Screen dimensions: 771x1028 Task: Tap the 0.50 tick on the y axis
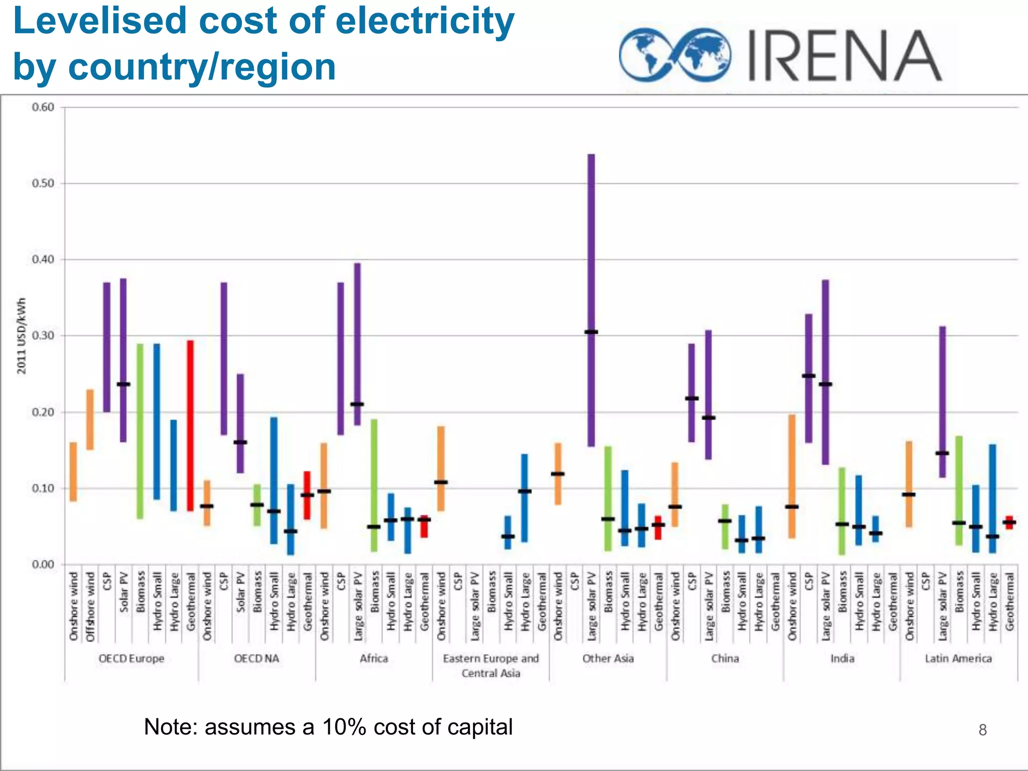coord(43,184)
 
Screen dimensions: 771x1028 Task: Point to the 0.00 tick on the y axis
coord(43,565)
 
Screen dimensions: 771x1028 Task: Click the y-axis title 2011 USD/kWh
coord(22,336)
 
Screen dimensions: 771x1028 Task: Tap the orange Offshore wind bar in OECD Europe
coord(90,420)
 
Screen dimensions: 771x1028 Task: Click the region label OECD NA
coord(256,659)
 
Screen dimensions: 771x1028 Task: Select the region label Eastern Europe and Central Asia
coord(490,666)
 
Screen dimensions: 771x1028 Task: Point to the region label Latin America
coord(958,659)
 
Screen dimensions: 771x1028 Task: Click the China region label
coord(725,659)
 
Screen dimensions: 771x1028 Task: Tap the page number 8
coord(982,730)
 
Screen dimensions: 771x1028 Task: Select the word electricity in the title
coord(425,21)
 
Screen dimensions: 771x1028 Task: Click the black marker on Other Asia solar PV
coord(591,332)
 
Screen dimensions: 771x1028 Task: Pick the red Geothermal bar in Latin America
coord(1009,523)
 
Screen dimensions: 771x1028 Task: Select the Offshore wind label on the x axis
coord(90,606)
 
